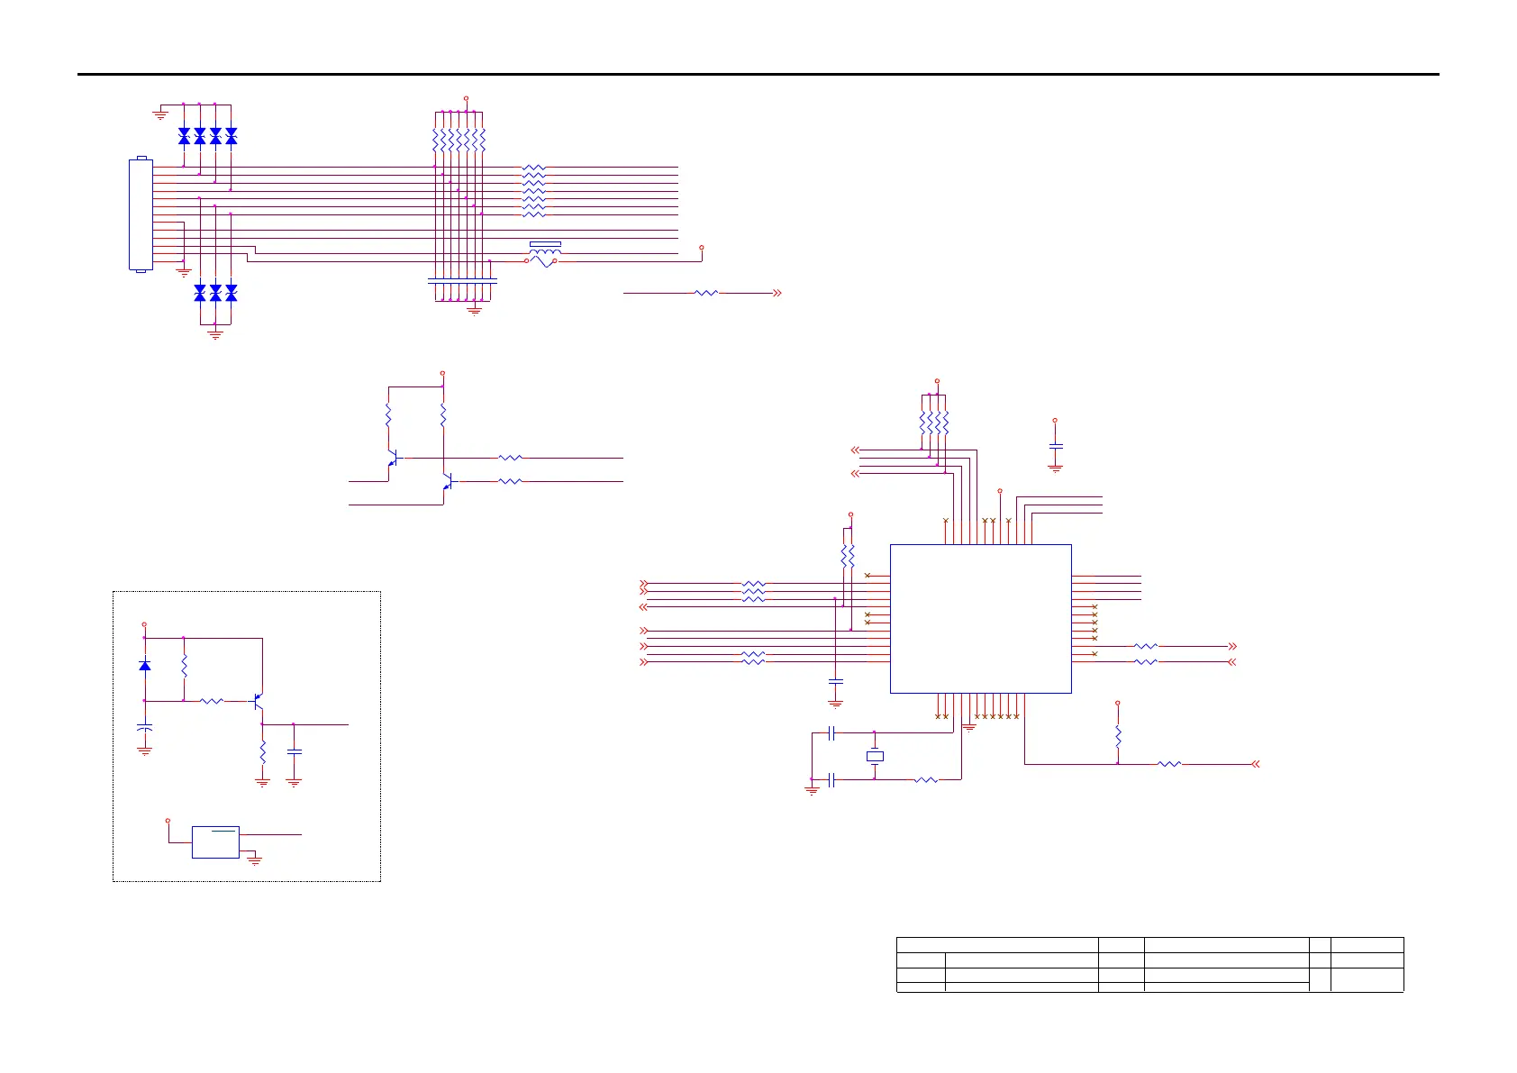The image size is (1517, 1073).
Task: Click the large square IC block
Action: click(x=980, y=618)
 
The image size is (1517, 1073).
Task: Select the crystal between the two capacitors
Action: click(x=875, y=757)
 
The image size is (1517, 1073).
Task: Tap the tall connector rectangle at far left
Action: click(x=140, y=214)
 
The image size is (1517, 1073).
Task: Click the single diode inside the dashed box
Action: click(x=144, y=666)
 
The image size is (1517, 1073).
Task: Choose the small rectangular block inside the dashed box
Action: click(x=215, y=842)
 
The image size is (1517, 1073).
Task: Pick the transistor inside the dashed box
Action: click(x=258, y=700)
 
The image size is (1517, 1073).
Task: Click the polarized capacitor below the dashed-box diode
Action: click(x=144, y=726)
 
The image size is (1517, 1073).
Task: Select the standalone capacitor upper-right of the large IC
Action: click(x=1056, y=446)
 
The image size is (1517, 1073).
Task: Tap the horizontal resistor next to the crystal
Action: click(x=926, y=779)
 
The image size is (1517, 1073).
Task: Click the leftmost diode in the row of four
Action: click(x=184, y=136)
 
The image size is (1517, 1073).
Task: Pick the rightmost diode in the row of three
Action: click(x=231, y=293)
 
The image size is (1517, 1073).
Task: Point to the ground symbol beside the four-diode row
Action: click(x=160, y=113)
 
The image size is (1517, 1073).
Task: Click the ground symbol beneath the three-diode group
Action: click(x=215, y=334)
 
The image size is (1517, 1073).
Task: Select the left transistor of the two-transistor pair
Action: click(x=393, y=459)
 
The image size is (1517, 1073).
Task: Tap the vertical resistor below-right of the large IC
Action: click(x=1118, y=736)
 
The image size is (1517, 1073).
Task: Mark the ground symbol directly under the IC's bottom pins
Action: click(x=969, y=726)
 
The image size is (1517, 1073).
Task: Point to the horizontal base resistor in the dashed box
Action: click(x=212, y=700)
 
